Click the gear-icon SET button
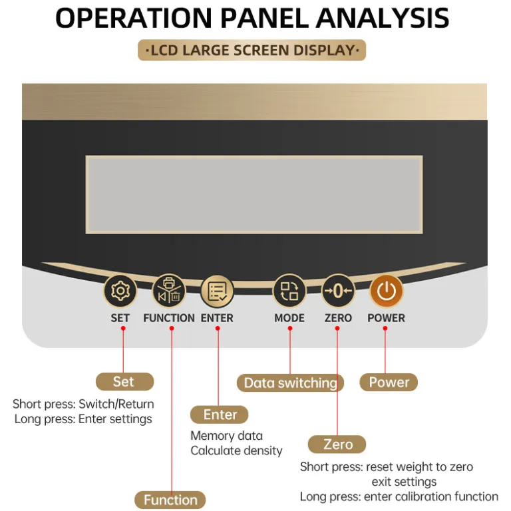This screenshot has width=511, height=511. tap(120, 291)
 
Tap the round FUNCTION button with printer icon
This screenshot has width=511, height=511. tap(169, 291)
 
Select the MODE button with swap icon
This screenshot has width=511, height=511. tap(289, 291)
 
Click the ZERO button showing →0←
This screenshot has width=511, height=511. tap(338, 291)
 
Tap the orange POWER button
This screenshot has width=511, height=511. tap(386, 291)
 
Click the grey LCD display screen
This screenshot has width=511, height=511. tap(254, 194)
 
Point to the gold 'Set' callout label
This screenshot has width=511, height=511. tap(125, 382)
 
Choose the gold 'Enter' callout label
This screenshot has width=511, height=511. tap(220, 415)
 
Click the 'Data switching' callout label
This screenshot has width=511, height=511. tap(290, 383)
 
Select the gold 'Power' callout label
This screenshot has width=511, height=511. tap(389, 383)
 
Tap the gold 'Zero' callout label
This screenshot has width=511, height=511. tap(337, 444)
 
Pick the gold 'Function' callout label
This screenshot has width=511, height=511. tap(170, 500)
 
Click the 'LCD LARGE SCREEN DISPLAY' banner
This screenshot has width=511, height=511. tap(252, 50)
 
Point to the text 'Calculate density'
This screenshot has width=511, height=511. tap(237, 451)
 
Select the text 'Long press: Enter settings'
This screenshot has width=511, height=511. tap(83, 419)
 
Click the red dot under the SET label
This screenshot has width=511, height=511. tap(123, 329)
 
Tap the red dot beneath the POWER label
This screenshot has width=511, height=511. tap(385, 329)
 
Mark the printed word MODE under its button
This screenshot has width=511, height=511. tap(289, 318)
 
